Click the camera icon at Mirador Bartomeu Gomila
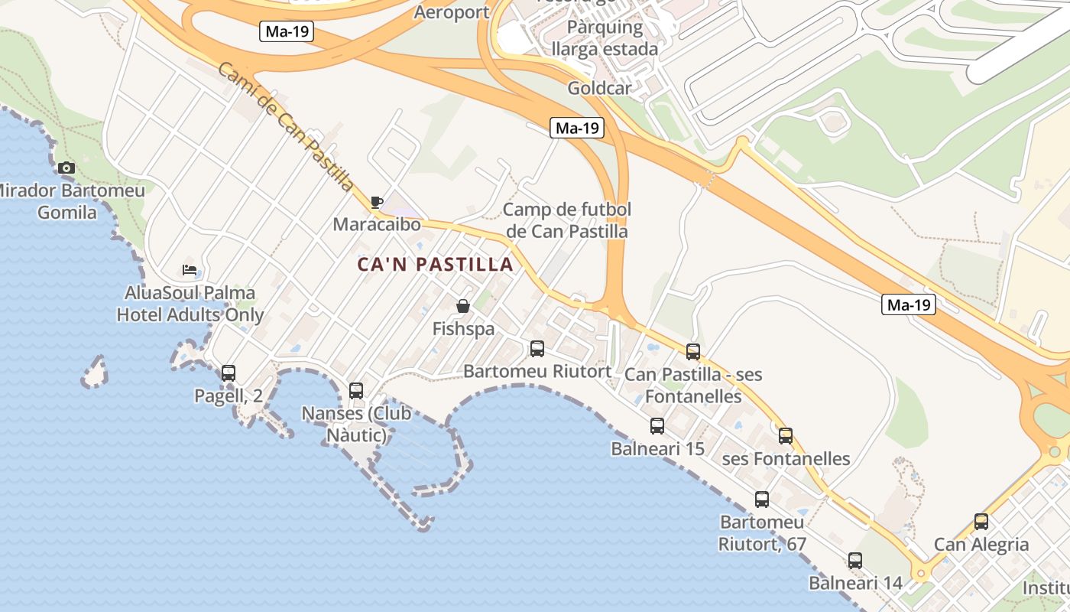(x=66, y=168)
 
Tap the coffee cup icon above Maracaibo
(x=376, y=203)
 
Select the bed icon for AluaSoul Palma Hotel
(x=190, y=270)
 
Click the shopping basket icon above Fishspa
(x=463, y=306)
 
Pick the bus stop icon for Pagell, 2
(x=228, y=373)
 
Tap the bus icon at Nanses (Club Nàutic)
(x=356, y=391)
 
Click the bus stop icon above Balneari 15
(x=657, y=426)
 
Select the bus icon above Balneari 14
(x=855, y=561)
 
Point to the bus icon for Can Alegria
(x=981, y=522)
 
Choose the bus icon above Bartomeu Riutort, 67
(x=762, y=500)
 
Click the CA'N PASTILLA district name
(x=436, y=265)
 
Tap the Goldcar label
(x=600, y=88)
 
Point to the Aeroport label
(x=452, y=12)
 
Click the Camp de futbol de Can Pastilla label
(x=567, y=220)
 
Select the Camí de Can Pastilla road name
(x=286, y=126)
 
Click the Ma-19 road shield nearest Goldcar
(x=577, y=128)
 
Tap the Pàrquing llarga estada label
(x=605, y=38)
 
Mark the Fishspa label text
(x=463, y=329)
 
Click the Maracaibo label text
(x=377, y=225)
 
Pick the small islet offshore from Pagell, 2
(x=95, y=372)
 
